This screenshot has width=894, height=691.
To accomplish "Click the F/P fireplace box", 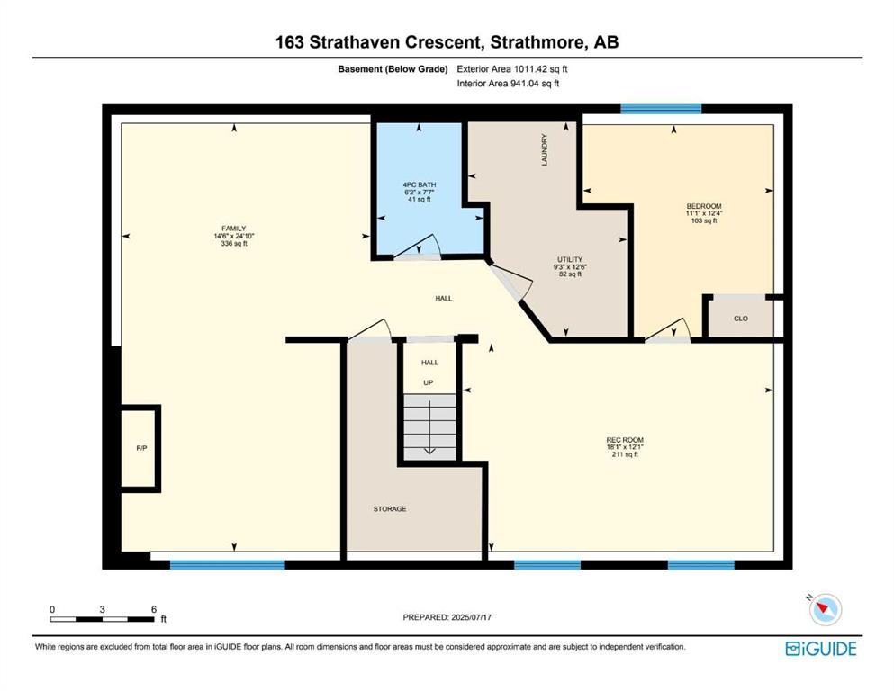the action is click(x=140, y=448).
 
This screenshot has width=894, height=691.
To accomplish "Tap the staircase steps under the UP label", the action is click(x=430, y=426).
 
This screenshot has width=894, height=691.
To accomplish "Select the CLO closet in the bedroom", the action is click(x=741, y=318).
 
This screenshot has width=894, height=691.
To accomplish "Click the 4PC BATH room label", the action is click(x=419, y=184).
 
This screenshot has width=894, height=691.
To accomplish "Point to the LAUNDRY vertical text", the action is click(x=544, y=150).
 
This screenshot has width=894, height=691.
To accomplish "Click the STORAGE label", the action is click(x=390, y=508).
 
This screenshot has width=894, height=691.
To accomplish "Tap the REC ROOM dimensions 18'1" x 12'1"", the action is click(x=625, y=447).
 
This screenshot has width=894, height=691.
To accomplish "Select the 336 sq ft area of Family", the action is click(x=234, y=243).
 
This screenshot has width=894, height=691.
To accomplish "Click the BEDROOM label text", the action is click(x=703, y=206).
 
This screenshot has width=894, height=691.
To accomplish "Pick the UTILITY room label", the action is click(x=570, y=259).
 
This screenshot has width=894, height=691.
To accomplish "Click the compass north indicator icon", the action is click(x=825, y=608).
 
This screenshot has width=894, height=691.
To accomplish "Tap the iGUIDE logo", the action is click(x=821, y=649).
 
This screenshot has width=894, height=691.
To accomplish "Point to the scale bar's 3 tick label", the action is click(x=102, y=609).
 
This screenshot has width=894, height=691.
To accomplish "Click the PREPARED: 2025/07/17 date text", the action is click(x=447, y=617).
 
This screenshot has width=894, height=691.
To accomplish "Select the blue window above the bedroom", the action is click(x=661, y=109).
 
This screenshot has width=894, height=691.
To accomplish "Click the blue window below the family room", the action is click(x=228, y=564).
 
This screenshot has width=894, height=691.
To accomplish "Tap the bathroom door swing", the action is click(x=418, y=247).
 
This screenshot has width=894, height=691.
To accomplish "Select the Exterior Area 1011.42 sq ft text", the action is click(x=512, y=69).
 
